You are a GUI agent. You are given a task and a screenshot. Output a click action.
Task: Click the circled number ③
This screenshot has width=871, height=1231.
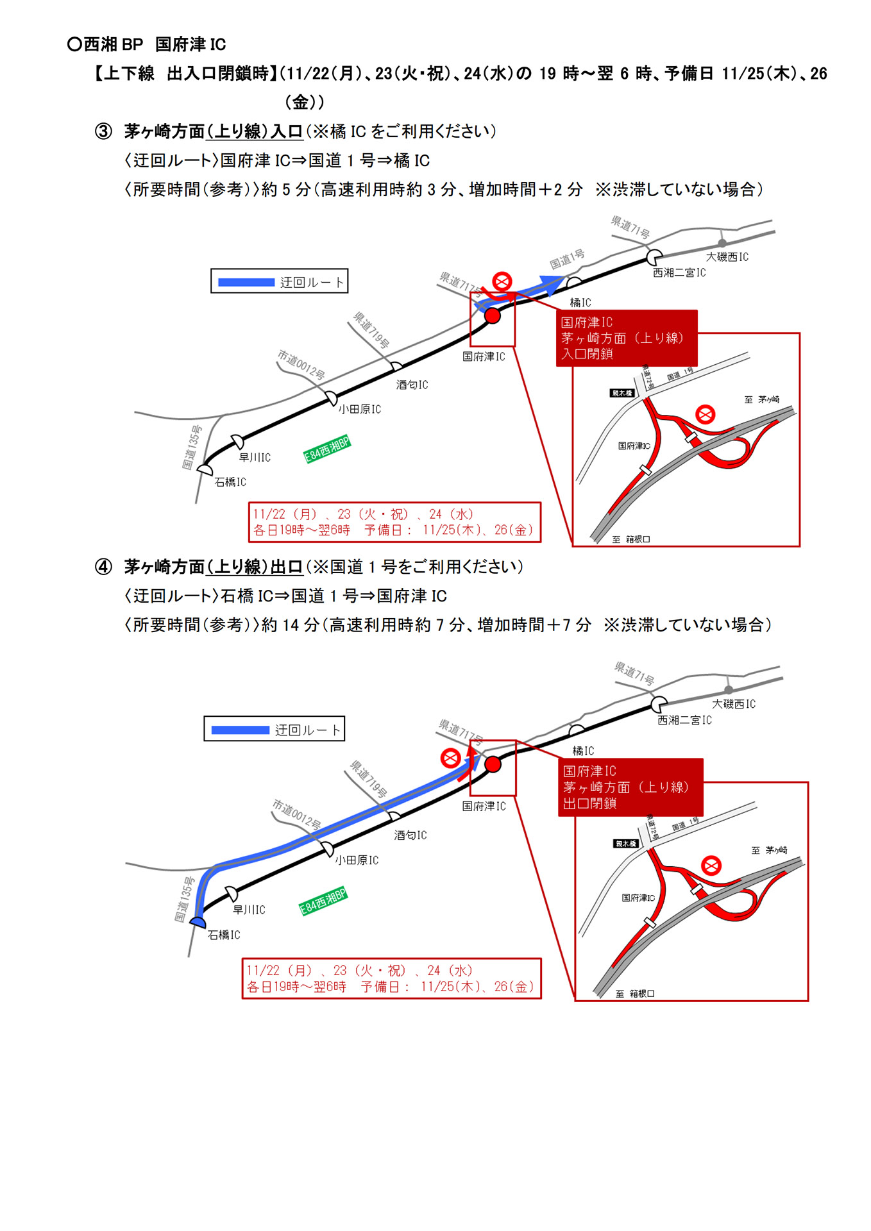(x=103, y=131)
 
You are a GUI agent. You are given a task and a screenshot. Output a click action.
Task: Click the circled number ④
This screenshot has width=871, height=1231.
(x=103, y=567)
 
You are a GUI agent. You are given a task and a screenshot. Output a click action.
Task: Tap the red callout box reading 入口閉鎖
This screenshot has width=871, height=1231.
(x=626, y=338)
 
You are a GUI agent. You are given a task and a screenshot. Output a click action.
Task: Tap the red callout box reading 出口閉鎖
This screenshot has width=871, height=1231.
(x=630, y=787)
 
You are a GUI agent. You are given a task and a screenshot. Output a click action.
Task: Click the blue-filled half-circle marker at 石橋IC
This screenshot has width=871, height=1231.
(x=198, y=923)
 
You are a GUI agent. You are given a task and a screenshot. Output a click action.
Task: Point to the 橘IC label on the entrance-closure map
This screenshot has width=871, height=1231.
(x=580, y=303)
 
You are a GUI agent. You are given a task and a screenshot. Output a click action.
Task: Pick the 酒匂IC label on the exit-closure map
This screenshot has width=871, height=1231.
(x=410, y=835)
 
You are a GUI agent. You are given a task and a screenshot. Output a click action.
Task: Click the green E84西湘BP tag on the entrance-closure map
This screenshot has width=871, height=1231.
(x=327, y=449)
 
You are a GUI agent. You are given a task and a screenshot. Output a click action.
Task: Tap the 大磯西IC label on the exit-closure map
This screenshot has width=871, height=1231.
(x=734, y=704)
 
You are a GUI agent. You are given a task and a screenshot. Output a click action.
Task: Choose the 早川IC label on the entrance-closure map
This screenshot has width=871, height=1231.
(x=255, y=457)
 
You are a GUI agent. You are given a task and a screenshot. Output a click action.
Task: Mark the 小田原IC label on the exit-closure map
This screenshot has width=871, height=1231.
(x=357, y=860)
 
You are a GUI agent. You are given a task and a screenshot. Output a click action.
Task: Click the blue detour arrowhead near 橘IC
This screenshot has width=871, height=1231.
(x=550, y=284)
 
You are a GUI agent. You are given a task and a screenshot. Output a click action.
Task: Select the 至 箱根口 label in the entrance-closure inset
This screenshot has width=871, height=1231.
(x=631, y=539)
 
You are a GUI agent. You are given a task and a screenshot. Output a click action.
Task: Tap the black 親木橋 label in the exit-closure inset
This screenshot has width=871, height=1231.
(x=625, y=844)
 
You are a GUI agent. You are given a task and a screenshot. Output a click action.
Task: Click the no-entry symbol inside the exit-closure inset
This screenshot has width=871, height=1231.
(x=711, y=866)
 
